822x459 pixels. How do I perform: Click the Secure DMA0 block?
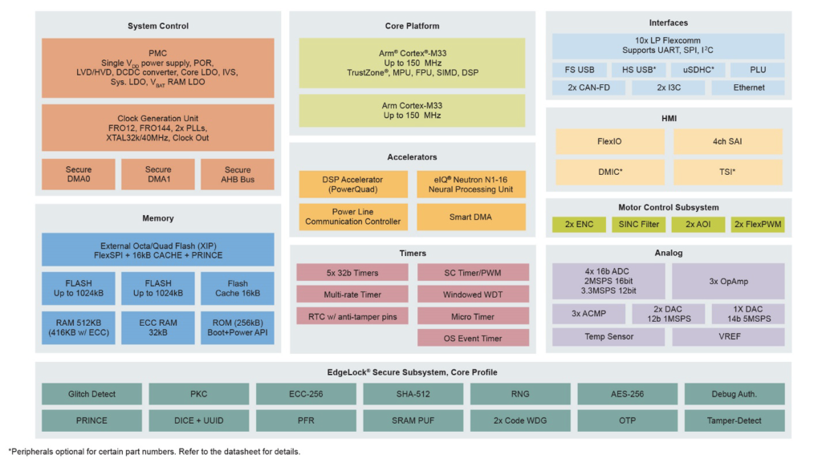point(79,174)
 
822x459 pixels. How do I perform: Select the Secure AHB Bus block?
point(238,174)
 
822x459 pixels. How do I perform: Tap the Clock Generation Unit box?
point(158,128)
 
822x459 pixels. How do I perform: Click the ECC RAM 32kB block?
point(158,327)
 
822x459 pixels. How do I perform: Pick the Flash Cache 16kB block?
point(238,288)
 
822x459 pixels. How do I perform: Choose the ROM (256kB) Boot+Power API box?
point(238,327)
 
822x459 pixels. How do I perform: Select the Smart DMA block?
point(472,217)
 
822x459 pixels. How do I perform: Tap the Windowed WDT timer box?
point(473,294)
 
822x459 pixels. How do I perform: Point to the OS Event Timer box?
point(473,338)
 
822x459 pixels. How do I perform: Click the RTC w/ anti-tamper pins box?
point(353,316)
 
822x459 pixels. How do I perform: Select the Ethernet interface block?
point(747,87)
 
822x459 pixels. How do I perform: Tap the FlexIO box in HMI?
point(609,141)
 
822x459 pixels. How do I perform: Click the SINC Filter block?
point(639,224)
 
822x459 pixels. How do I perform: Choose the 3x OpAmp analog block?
point(728,281)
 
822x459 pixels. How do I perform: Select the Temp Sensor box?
point(608,336)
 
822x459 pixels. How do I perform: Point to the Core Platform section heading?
point(412,26)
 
